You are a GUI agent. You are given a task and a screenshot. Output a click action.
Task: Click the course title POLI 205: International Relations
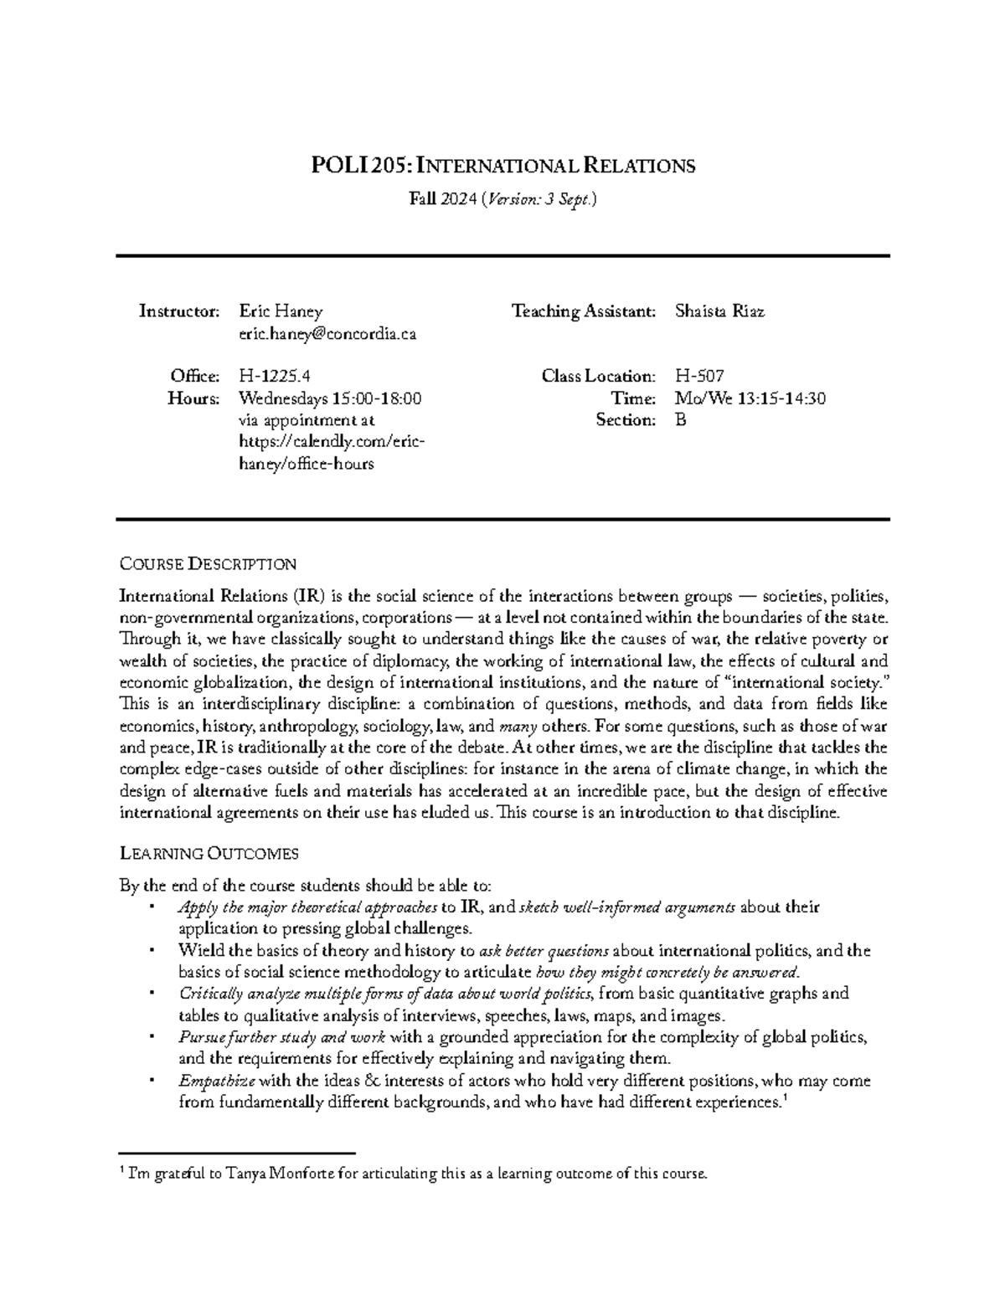point(502,166)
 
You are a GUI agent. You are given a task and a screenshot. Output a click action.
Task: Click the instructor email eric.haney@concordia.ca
point(327,334)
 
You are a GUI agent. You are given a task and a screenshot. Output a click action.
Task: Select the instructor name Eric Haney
point(281,311)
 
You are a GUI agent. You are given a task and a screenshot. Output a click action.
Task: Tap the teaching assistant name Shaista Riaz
point(719,311)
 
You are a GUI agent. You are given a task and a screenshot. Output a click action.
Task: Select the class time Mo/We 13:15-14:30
point(750,398)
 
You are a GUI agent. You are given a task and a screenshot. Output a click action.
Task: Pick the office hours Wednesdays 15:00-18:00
point(330,398)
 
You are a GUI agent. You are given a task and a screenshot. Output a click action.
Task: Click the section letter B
point(680,420)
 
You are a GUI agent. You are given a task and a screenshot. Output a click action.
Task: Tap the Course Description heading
point(208,563)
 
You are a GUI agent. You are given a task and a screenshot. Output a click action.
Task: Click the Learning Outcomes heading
point(209,854)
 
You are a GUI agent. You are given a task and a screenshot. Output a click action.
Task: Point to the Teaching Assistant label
point(584,311)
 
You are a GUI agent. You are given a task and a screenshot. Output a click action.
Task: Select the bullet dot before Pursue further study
point(150,1036)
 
